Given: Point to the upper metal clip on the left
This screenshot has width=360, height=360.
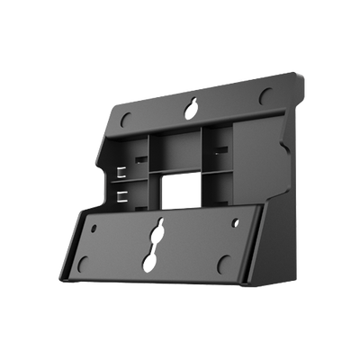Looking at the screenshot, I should tap(121, 172).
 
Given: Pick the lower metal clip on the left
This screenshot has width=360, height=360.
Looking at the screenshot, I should tap(121, 193).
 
